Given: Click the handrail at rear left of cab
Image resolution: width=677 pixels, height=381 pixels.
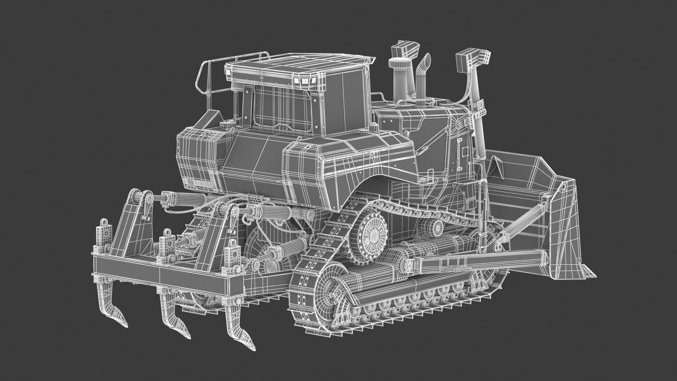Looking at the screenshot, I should click(x=206, y=79).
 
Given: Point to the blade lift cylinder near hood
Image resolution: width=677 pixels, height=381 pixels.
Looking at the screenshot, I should click(x=478, y=127).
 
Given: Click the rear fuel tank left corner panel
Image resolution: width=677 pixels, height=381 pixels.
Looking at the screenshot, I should click(x=194, y=159).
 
